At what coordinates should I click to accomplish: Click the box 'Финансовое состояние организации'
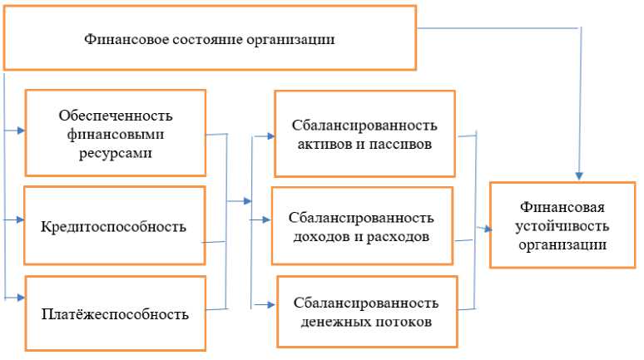210,38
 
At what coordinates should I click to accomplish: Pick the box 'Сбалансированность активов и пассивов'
364,134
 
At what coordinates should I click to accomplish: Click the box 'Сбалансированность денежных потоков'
366,311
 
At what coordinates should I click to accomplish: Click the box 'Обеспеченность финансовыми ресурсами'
115,133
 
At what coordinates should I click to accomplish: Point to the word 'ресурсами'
115,154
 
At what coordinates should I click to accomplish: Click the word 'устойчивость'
562,225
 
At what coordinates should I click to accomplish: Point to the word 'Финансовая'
562,207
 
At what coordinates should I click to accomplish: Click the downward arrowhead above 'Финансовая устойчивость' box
579,175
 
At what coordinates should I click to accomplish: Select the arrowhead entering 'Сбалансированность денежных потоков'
273,304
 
